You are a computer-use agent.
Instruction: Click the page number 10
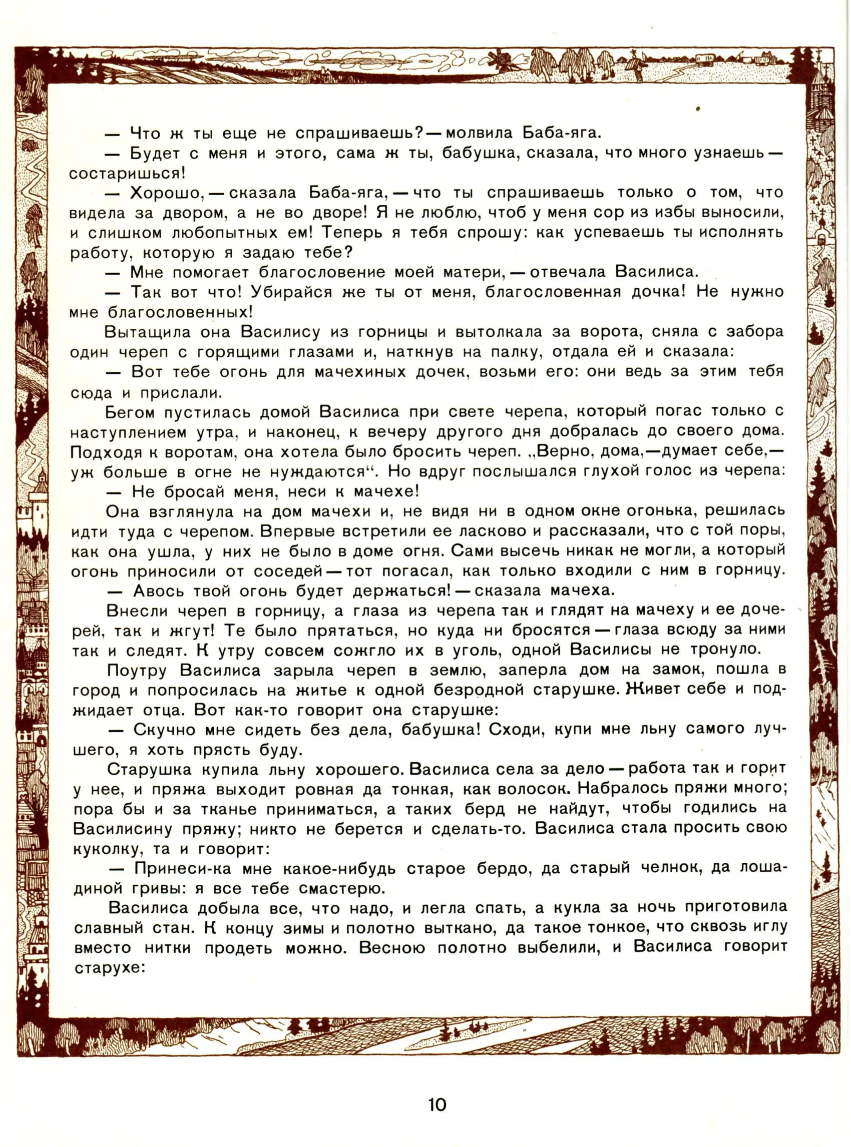[437, 1105]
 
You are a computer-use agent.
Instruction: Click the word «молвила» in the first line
[479, 134]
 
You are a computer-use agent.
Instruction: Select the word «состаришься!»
[127, 173]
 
